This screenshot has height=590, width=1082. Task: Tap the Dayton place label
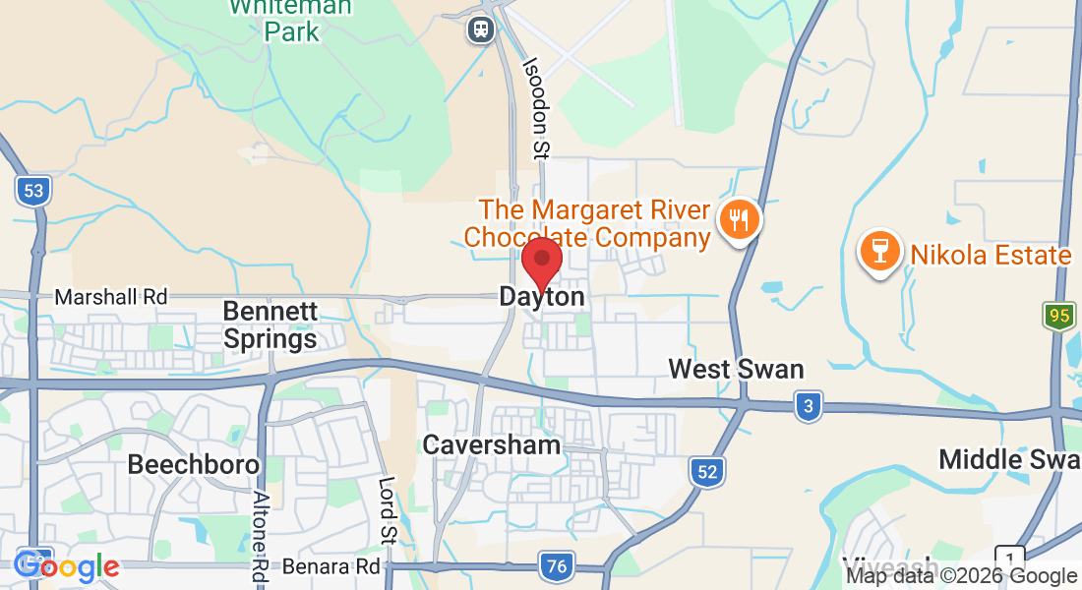[542, 296]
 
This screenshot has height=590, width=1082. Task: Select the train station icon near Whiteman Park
[481, 29]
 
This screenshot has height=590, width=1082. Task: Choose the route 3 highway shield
[808, 406]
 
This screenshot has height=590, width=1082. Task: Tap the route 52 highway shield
[707, 471]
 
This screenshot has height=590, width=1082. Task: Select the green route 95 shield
[1058, 317]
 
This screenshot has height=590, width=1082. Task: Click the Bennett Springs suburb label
[270, 325]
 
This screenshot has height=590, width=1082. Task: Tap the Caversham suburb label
[492, 444]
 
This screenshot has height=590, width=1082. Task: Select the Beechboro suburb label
[194, 464]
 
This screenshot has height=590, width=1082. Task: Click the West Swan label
[736, 370]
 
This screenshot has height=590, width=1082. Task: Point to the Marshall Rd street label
[111, 296]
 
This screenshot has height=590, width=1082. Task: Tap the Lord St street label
[388, 509]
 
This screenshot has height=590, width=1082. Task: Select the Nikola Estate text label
[990, 256]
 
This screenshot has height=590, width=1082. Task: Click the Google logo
[67, 566]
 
